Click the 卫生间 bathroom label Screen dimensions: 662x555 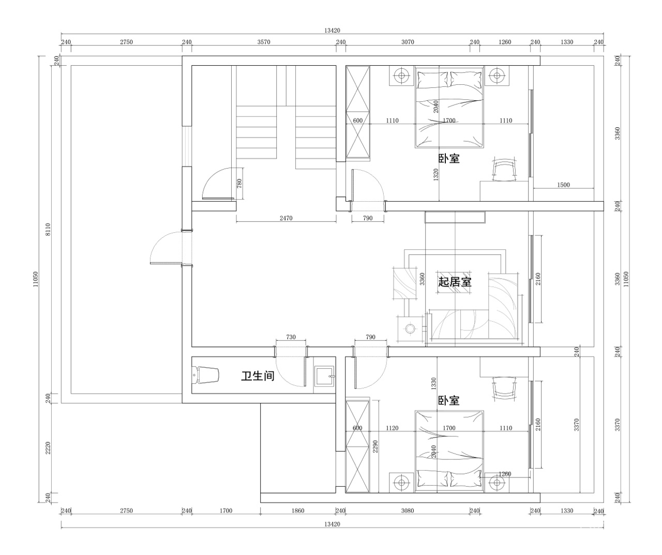point(258,377)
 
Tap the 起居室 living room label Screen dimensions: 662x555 point(455,281)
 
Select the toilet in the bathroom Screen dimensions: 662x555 point(205,375)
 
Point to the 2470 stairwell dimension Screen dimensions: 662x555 point(286,218)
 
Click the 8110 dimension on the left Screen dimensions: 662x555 point(48,229)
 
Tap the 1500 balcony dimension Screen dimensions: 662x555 point(563,185)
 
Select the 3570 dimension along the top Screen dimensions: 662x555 point(264,42)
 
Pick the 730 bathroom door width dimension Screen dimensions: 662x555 point(291,337)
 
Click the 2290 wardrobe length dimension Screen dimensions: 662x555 point(375,446)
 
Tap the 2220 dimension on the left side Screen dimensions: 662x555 point(48,448)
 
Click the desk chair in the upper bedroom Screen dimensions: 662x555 point(504,170)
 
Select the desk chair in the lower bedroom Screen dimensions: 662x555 point(504,389)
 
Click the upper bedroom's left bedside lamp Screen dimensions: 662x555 point(402,76)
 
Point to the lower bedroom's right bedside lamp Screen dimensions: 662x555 point(496,483)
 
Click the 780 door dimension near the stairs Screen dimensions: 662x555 point(239,184)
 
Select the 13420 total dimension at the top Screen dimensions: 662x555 point(332,31)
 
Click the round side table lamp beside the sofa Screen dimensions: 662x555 point(411,329)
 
